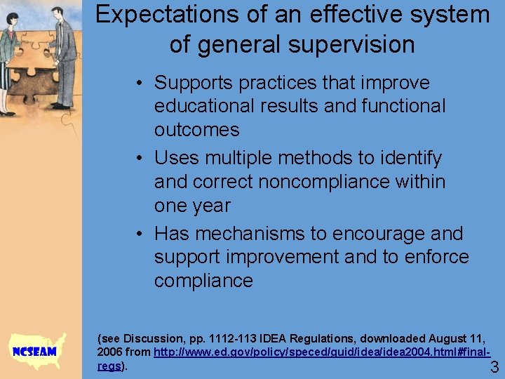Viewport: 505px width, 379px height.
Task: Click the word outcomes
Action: click(x=196, y=130)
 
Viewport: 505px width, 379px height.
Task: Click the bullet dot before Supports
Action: click(x=140, y=84)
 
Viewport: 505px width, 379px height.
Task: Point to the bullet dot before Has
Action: click(x=140, y=234)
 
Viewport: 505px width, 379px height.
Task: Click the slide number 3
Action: click(x=494, y=366)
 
